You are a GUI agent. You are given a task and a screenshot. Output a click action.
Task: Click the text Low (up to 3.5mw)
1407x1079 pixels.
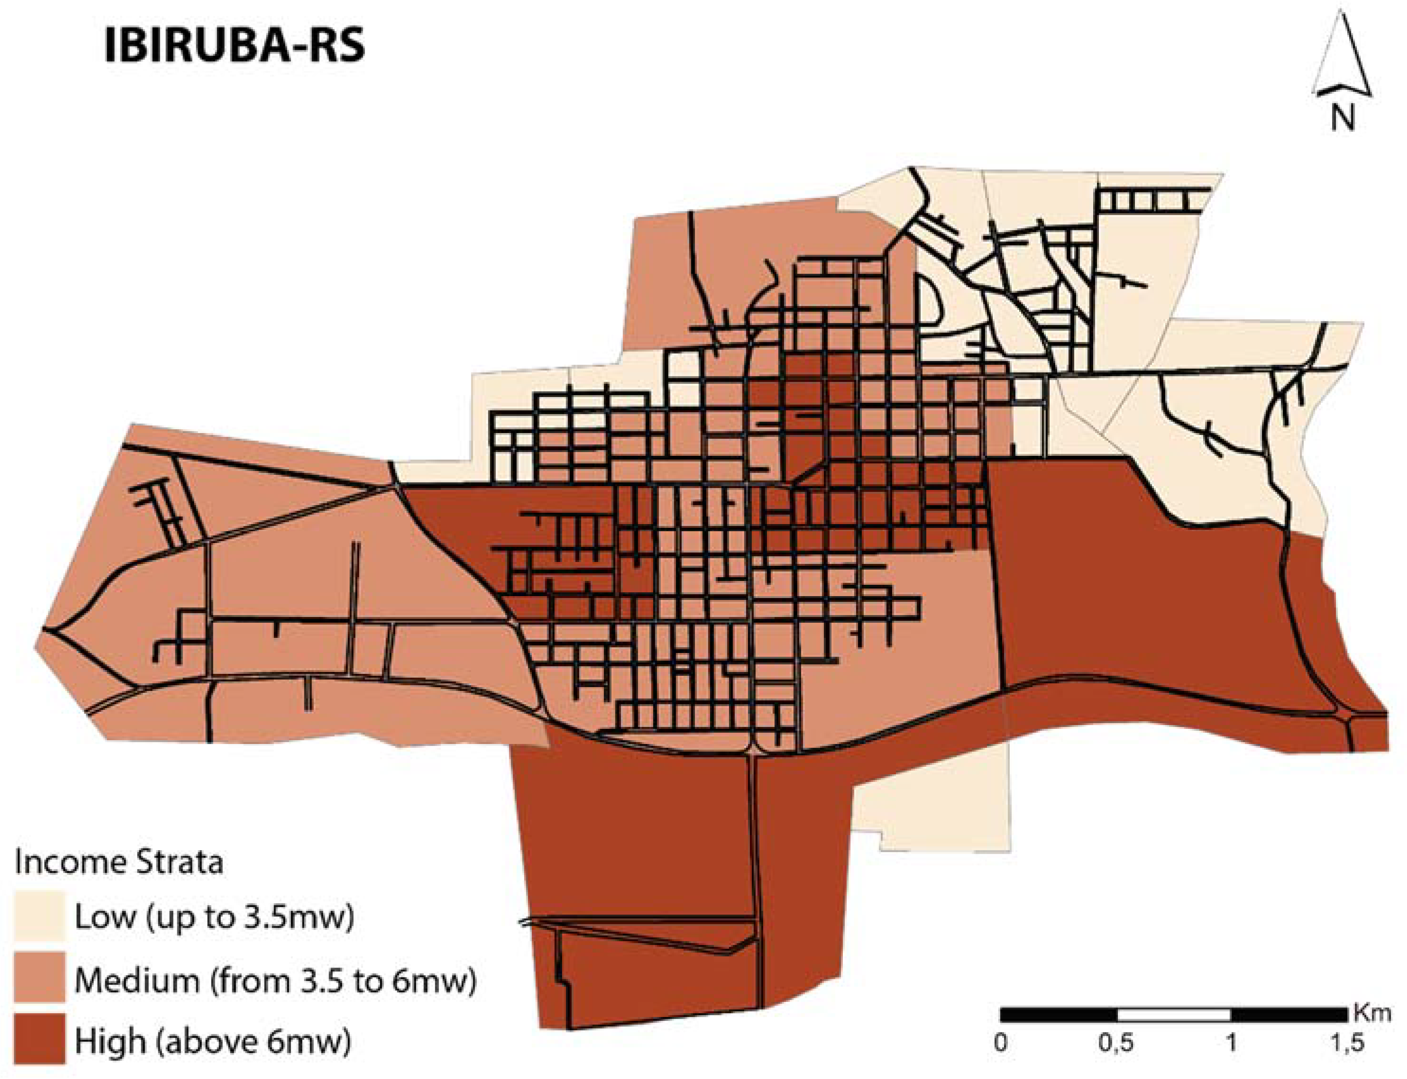[214, 917]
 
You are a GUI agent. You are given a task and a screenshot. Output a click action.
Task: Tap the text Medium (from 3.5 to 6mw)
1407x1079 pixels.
[275, 980]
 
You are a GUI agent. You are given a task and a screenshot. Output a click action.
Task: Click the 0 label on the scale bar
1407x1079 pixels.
[1000, 1043]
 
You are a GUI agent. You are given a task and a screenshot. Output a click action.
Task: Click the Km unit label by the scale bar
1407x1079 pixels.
[1372, 1014]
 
